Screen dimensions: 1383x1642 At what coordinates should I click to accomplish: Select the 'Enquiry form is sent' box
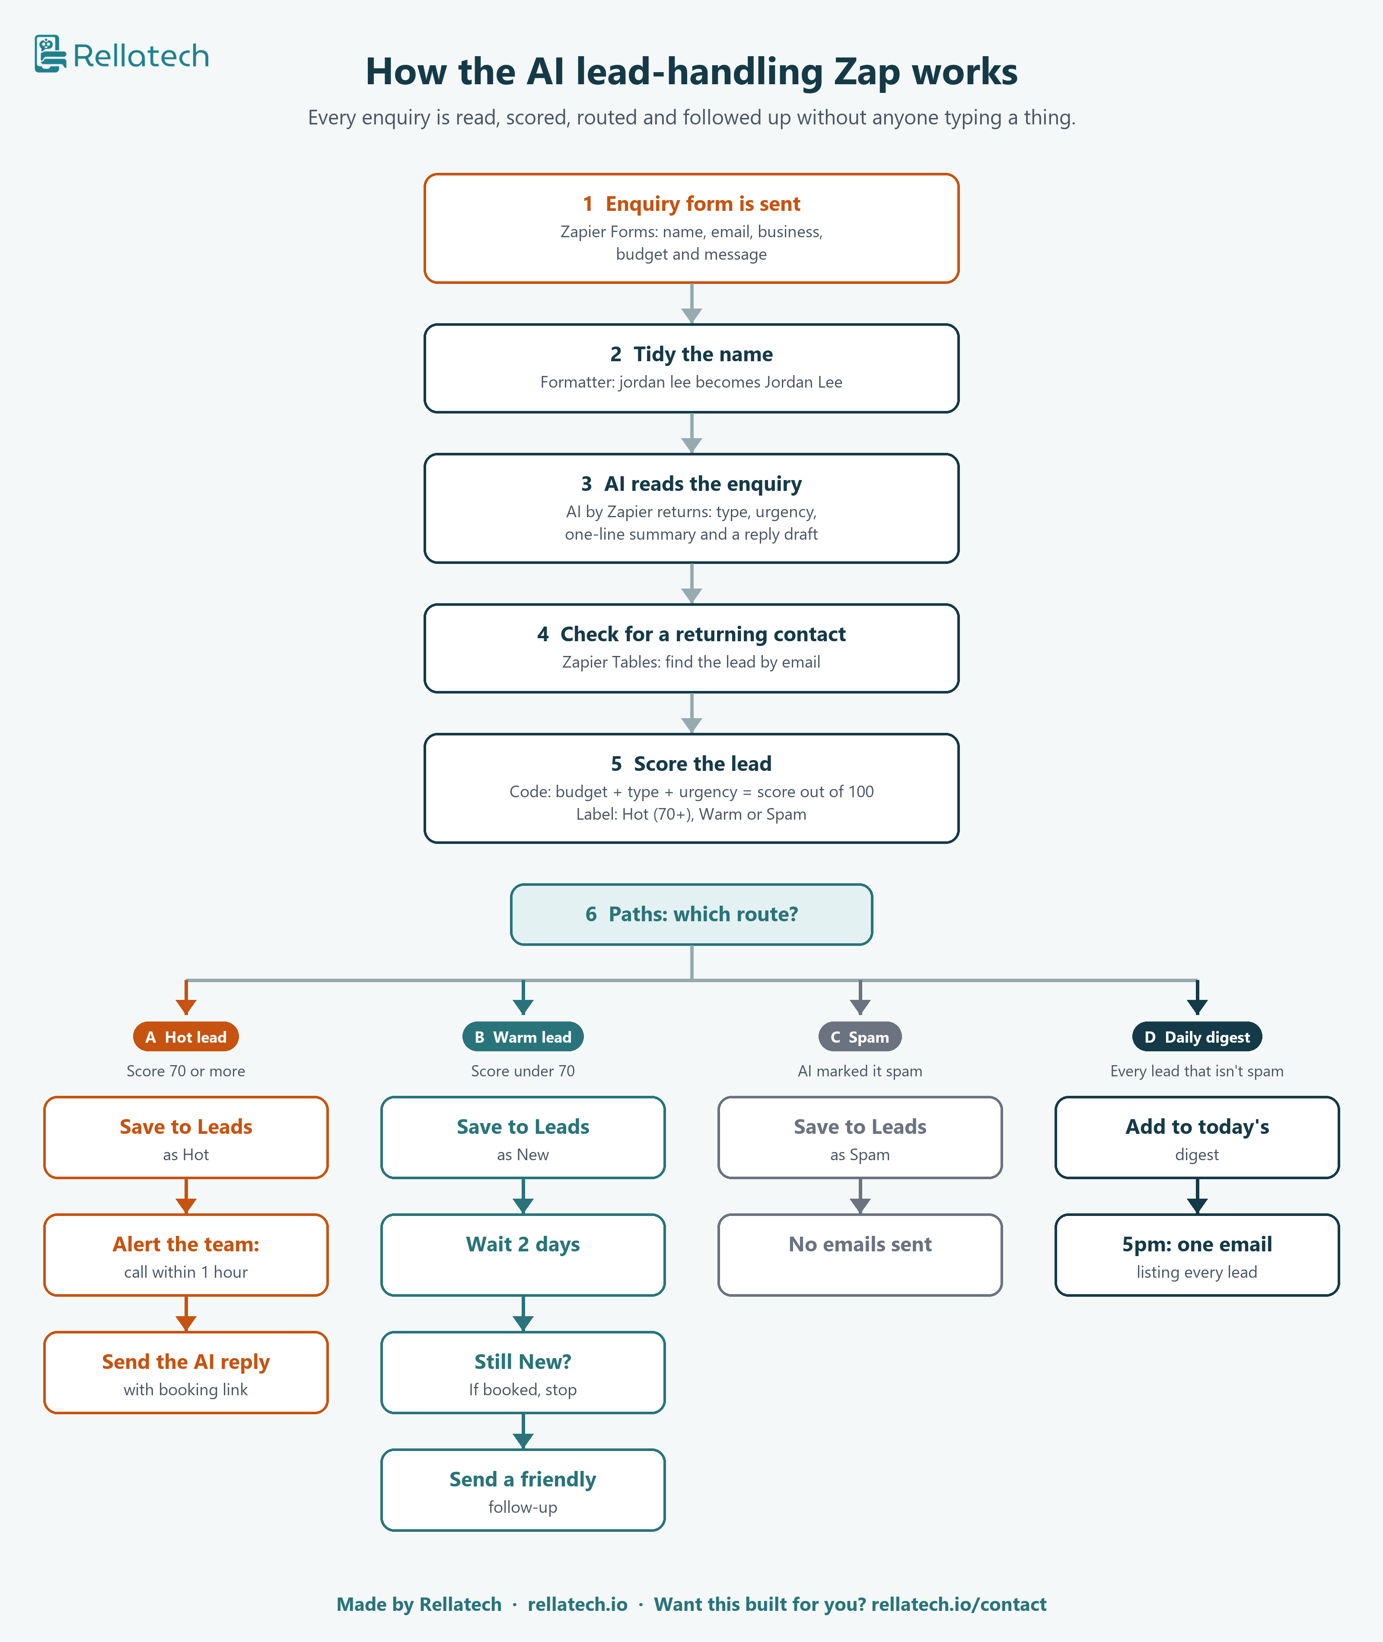691,228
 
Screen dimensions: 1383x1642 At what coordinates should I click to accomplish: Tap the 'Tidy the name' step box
691,369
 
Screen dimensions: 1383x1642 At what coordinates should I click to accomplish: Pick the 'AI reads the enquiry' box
691,508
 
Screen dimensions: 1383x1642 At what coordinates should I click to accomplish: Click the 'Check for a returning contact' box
691,648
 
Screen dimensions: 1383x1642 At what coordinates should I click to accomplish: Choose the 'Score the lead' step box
691,789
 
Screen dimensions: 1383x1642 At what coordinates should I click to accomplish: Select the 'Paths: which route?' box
691,915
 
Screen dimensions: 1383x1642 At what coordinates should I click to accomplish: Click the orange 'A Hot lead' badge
186,1037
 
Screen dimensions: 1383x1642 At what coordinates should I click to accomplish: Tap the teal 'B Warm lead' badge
523,1037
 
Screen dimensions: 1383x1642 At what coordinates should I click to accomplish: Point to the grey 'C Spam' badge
860,1037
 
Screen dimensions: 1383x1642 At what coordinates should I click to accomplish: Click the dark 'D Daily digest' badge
1197,1037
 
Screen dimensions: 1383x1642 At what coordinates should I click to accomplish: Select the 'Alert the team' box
186,1255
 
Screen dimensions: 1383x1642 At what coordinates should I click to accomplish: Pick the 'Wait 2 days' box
523,1255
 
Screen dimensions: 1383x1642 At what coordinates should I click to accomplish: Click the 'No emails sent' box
860,1255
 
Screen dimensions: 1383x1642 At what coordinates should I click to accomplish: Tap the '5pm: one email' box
1197,1255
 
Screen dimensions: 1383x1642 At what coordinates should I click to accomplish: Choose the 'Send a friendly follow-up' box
523,1490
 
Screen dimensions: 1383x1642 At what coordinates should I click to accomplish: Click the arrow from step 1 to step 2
691,303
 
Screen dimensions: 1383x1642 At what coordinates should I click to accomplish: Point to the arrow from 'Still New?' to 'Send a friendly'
523,1431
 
